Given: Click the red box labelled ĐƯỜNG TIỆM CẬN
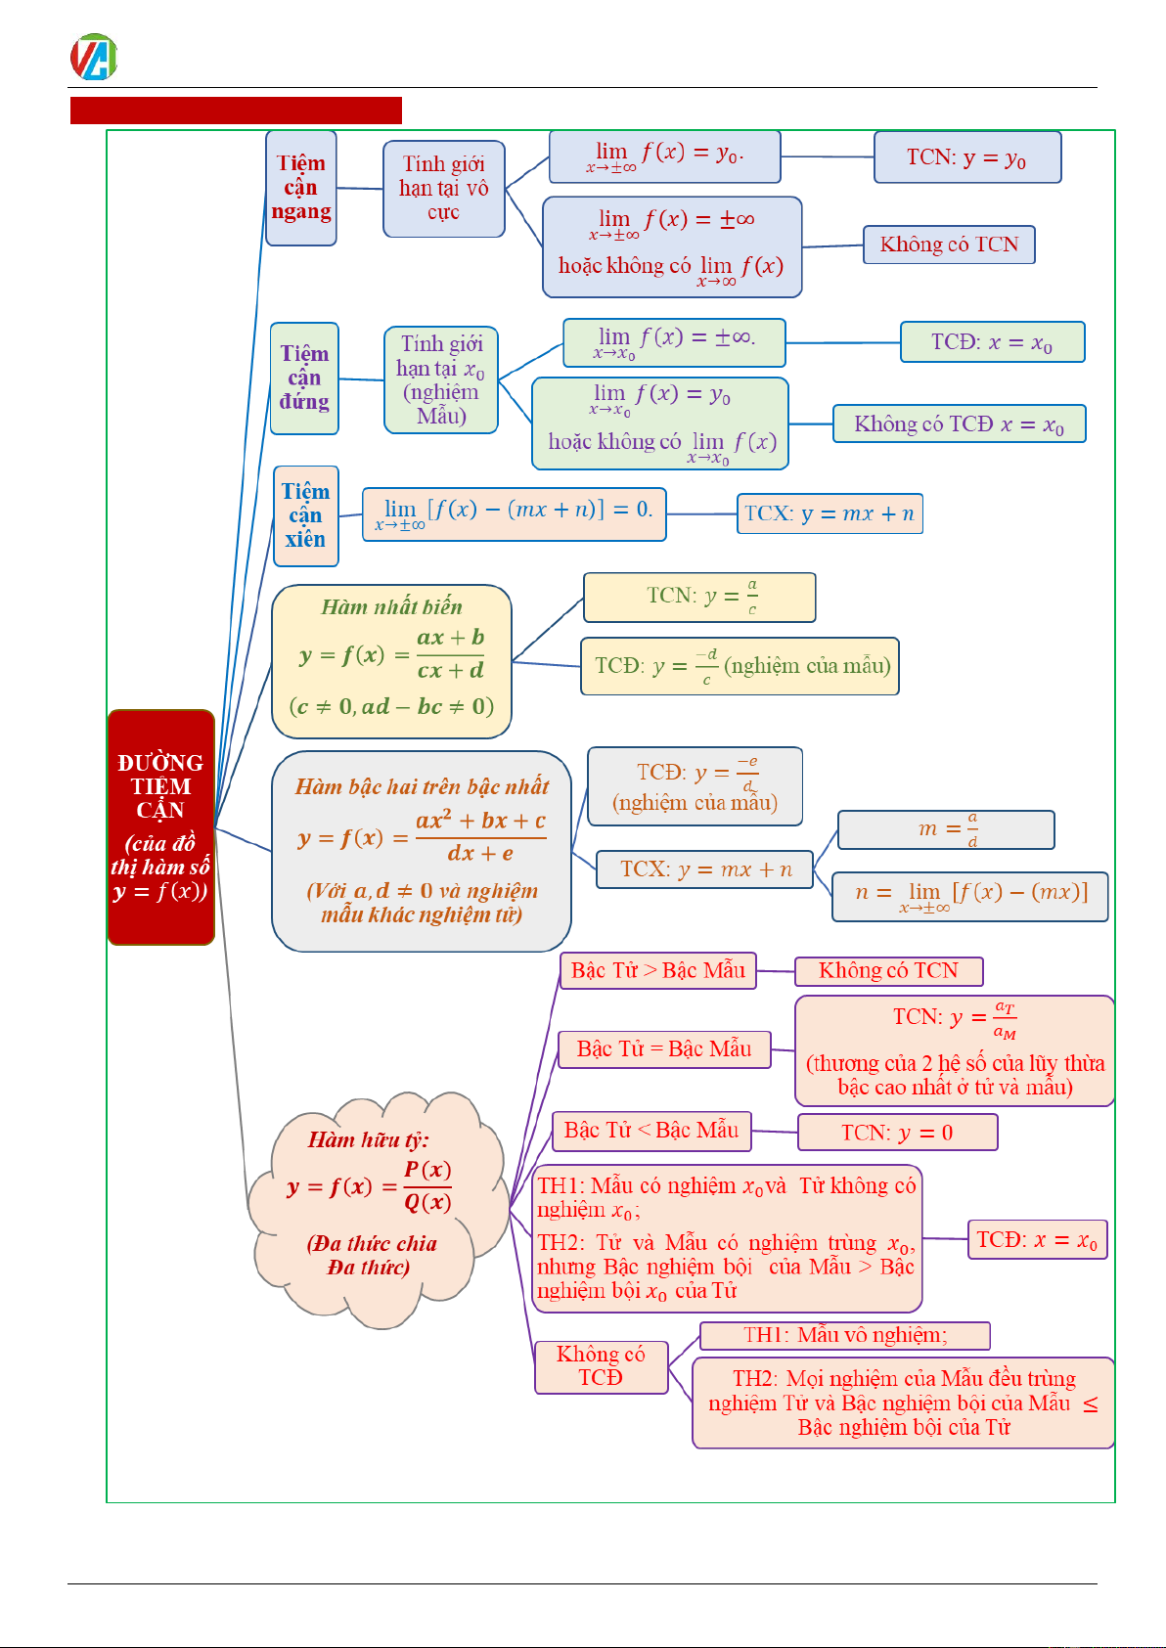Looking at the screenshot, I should (160, 827).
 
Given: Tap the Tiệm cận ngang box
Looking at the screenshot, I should (301, 188).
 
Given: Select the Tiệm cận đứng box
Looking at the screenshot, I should (304, 378).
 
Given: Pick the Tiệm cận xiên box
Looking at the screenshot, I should (306, 515).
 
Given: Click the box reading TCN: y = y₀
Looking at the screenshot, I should (966, 157).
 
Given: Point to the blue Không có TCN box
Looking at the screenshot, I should (948, 245).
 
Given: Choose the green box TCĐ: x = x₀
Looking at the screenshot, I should (992, 342).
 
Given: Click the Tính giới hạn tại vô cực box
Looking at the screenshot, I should (444, 189).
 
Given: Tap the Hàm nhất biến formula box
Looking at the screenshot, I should (391, 661).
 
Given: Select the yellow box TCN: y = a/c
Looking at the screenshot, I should (699, 598).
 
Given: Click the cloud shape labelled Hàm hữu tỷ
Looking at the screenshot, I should (367, 1209).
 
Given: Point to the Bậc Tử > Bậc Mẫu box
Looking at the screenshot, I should (658, 971).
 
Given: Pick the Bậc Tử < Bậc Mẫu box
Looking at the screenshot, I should (651, 1131).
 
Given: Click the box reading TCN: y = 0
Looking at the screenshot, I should (897, 1133).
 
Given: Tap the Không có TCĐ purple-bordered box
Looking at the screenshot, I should (601, 1366).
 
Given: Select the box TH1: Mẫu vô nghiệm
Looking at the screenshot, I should (845, 1335).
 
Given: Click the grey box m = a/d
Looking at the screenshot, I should (946, 829).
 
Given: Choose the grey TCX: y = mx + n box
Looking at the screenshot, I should (704, 869).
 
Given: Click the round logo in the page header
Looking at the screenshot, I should (94, 57).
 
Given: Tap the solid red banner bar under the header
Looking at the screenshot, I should (236, 111).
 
